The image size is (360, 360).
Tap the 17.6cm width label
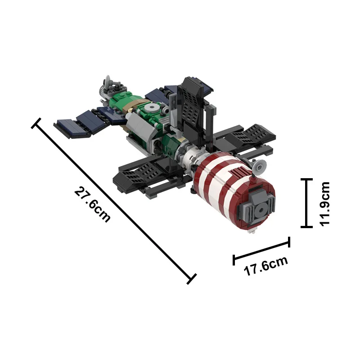pos(265,268)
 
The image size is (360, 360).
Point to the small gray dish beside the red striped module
pos(259,166)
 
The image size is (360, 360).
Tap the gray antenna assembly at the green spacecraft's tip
pos(108,84)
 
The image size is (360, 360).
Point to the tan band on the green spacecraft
pos(133,106)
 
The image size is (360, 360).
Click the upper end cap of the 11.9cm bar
pos(306,180)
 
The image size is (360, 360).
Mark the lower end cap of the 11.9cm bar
pos(306,227)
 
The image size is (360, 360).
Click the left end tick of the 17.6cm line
pos(234,260)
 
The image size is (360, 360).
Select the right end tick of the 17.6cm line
pos(289,243)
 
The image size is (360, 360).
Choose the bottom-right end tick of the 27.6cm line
pos(192,279)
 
